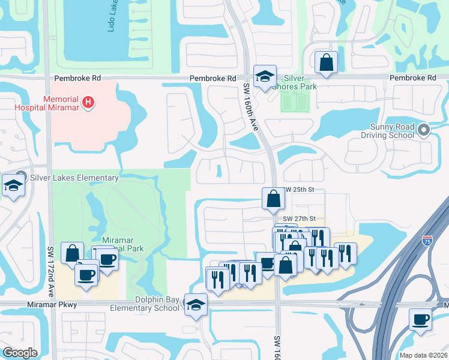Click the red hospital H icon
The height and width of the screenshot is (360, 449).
tap(88, 103)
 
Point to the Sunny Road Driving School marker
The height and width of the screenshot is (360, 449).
tap(424, 130)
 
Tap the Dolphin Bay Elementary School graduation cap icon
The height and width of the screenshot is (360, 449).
tap(195, 304)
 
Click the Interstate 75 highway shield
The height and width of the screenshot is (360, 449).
tap(427, 241)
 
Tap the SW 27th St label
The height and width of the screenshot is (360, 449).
tap(298, 218)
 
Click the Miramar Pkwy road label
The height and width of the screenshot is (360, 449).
tap(52, 305)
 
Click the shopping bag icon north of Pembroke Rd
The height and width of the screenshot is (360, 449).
tap(326, 62)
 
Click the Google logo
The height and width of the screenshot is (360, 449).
tap(20, 353)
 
